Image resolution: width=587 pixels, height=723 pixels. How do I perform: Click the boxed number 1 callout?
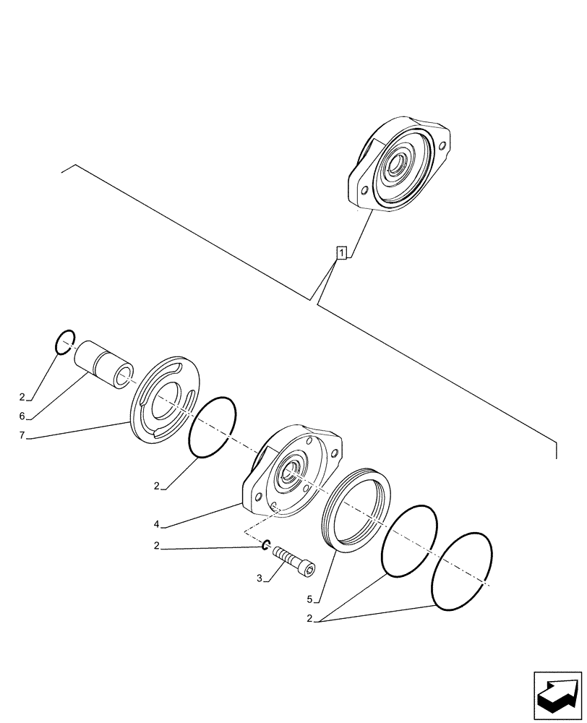click(x=341, y=252)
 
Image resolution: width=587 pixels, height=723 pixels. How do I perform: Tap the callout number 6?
click(x=22, y=416)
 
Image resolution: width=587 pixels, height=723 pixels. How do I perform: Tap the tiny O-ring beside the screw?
click(x=266, y=544)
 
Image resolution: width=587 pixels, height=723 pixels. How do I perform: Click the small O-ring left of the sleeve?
click(x=65, y=341)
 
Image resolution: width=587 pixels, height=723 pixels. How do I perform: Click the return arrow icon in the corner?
click(x=557, y=696)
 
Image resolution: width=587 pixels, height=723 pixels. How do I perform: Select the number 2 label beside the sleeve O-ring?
click(x=22, y=397)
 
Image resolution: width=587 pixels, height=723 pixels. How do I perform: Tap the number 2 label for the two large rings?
click(x=309, y=619)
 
